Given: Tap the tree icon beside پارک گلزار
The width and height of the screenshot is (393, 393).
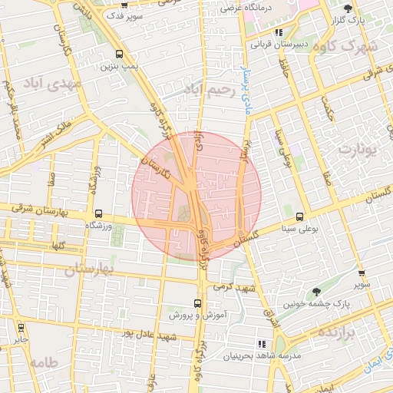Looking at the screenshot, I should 349,8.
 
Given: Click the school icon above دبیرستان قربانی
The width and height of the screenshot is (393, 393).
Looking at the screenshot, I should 279,32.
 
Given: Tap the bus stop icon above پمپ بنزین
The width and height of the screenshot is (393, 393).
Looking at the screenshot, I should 118,54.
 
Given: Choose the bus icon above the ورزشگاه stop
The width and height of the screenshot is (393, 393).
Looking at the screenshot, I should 98,214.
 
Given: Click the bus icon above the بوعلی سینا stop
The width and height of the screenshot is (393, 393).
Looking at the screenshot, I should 299,216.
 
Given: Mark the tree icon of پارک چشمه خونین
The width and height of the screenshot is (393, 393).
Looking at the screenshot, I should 316,292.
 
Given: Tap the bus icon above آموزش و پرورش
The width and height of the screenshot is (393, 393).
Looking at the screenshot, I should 197,303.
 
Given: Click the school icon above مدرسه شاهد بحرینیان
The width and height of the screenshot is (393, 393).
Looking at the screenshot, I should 262,344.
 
